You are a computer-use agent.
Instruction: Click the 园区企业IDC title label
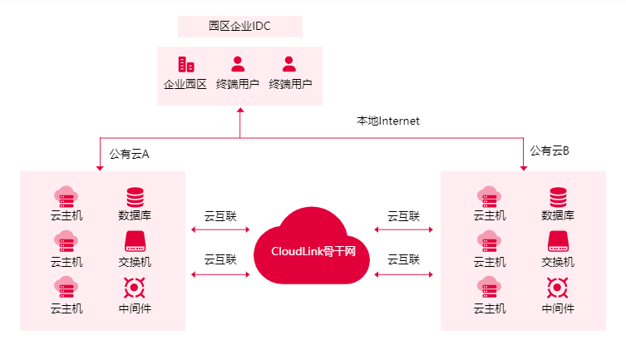pyautogui.click(x=239, y=27)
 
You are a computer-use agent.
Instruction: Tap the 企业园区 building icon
pyautogui.click(x=185, y=64)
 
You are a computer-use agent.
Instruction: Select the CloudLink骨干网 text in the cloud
pyautogui.click(x=313, y=250)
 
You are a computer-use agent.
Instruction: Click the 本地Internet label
pyautogui.click(x=388, y=121)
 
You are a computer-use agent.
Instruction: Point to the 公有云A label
pyautogui.click(x=129, y=154)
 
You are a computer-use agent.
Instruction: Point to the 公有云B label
pyautogui.click(x=550, y=150)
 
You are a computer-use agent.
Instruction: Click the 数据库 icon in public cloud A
pyautogui.click(x=135, y=197)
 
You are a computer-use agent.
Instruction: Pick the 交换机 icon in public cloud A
pyautogui.click(x=135, y=242)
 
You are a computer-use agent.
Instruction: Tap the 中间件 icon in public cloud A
pyautogui.click(x=135, y=288)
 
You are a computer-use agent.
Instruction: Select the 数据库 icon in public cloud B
pyautogui.click(x=558, y=197)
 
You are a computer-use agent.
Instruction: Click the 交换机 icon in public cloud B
pyautogui.click(x=558, y=242)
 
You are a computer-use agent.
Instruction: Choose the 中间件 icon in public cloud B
pyautogui.click(x=558, y=288)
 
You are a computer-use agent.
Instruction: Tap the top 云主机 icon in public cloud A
pyautogui.click(x=67, y=196)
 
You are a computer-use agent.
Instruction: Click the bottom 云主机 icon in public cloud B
pyautogui.click(x=490, y=288)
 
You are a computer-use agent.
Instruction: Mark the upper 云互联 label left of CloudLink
pyautogui.click(x=220, y=216)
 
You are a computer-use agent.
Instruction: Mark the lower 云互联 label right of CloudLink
pyautogui.click(x=403, y=259)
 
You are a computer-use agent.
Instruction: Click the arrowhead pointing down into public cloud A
pyautogui.click(x=100, y=168)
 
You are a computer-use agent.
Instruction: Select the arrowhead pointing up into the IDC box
pyautogui.click(x=239, y=109)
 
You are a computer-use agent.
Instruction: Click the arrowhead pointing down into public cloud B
pyautogui.click(x=524, y=168)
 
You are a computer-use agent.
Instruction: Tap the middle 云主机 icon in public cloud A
pyautogui.click(x=67, y=242)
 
